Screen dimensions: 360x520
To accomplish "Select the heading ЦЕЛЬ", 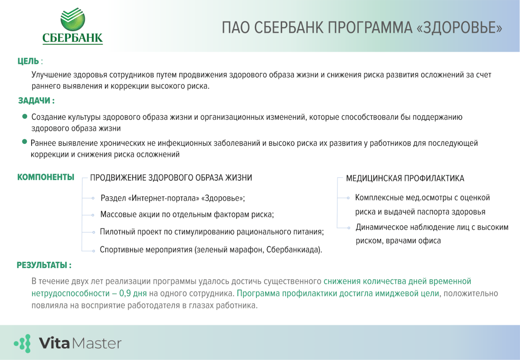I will tap(28, 61).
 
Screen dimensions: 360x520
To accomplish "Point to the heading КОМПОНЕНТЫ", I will tap(45, 177).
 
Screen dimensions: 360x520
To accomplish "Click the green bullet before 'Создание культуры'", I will tap(25, 116).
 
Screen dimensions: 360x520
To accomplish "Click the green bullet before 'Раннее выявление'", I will tap(24, 142).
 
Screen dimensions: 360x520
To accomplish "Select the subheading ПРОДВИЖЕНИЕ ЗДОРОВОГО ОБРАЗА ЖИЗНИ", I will tap(171, 178).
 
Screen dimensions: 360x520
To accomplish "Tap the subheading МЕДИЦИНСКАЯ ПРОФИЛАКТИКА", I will tap(405, 178).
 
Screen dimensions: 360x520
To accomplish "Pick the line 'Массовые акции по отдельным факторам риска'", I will tap(187, 214).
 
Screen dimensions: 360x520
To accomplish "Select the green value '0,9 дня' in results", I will tap(133, 293).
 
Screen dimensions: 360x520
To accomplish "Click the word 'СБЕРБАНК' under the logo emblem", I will tap(72, 38).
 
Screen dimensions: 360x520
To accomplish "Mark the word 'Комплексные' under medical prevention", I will tap(378, 198).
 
